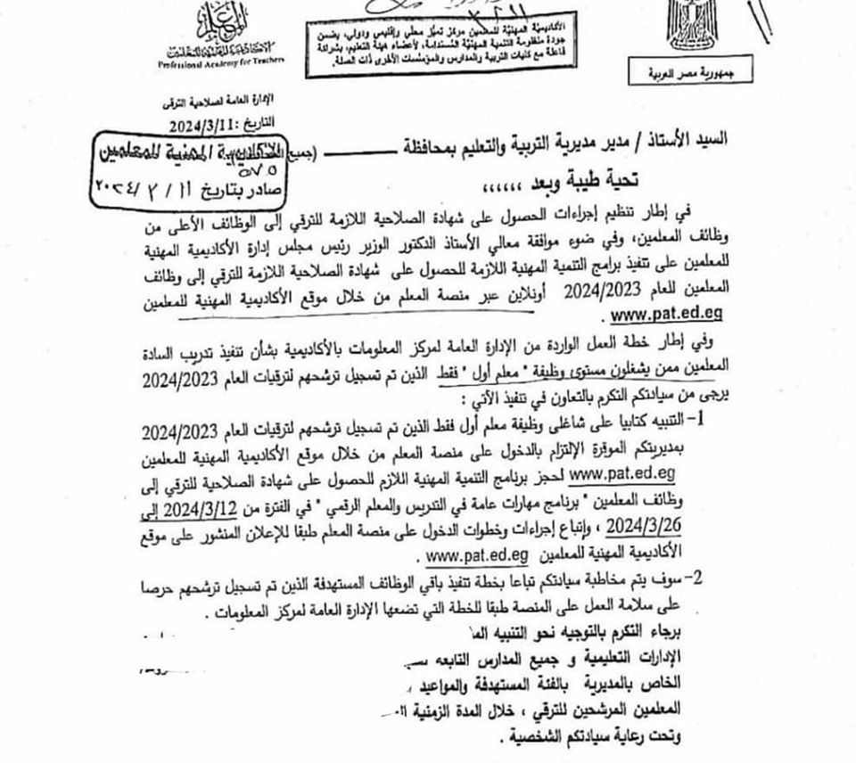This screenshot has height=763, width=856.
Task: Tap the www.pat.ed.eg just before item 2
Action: click(x=478, y=554)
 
